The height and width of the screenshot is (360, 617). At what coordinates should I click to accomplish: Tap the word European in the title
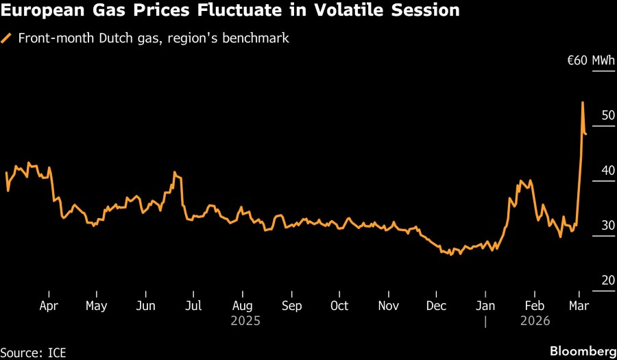[x=42, y=11]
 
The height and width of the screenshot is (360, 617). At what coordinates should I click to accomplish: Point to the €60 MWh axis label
[x=590, y=62]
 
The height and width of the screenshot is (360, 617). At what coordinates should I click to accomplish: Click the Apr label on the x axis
[x=49, y=306]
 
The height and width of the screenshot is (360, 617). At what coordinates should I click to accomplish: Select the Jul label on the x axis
[x=194, y=306]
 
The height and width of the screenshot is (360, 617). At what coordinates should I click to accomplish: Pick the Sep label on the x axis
[x=291, y=306]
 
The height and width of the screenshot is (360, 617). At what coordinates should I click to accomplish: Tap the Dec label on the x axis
[x=437, y=306]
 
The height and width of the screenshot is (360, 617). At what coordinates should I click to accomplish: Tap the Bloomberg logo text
[x=583, y=351]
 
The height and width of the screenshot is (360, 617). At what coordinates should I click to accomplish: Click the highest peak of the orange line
[x=583, y=103]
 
